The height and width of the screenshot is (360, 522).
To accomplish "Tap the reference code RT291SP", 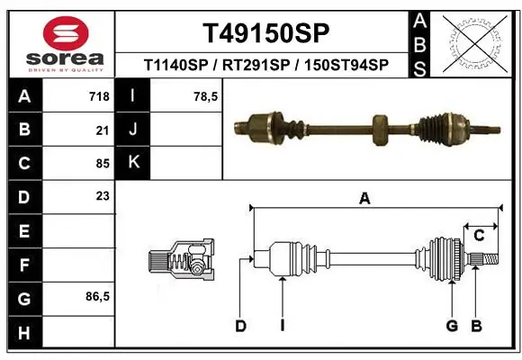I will click(259, 65).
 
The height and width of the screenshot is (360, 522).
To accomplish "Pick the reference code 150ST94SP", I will click(346, 65).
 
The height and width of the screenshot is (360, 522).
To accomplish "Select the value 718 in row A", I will click(98, 96).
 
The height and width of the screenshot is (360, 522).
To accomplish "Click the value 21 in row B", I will click(102, 130).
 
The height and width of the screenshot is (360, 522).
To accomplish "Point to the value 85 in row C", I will click(102, 164).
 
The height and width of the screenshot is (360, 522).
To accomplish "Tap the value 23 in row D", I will click(102, 197).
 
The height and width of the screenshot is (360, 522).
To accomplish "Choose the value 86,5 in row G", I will click(97, 297).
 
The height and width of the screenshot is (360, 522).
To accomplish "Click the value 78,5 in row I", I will click(206, 96).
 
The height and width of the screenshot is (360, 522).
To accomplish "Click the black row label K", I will click(132, 164).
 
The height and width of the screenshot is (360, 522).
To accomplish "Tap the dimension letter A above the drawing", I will click(364, 200).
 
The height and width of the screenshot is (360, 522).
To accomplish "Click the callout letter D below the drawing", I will click(240, 326).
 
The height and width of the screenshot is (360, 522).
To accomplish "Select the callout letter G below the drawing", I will click(452, 326).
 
